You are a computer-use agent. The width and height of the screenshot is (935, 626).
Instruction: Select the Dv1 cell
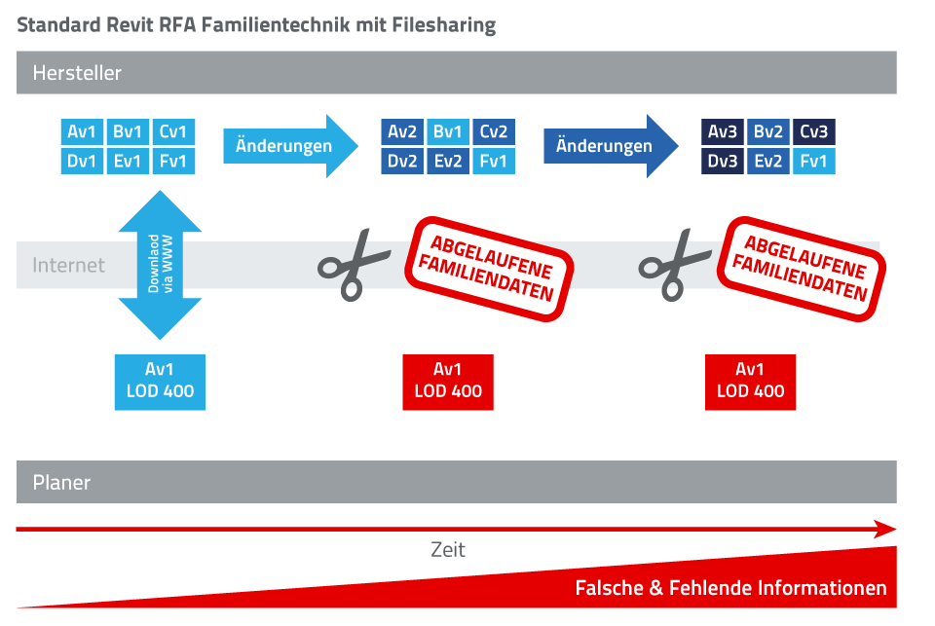[82, 161]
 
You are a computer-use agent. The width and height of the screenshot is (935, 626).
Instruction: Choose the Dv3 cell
[723, 162]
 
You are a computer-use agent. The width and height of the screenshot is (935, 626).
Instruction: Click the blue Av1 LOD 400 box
[160, 382]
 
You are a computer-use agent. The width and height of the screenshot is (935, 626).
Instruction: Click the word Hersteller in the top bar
[77, 73]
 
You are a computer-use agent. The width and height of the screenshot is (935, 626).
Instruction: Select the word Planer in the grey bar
[61, 482]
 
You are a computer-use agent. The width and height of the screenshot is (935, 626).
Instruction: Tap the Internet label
[68, 265]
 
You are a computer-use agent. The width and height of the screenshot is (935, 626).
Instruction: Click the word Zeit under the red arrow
[448, 550]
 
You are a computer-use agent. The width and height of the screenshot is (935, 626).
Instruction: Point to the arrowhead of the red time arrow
[884, 530]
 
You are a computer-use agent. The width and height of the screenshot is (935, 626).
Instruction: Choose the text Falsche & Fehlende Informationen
[730, 588]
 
